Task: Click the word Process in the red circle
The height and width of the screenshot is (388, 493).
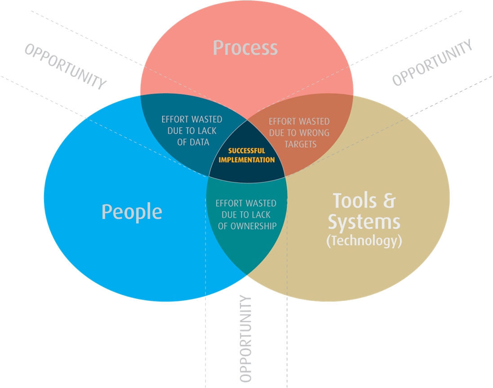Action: pos(245,48)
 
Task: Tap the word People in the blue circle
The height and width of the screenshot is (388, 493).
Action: pos(132,212)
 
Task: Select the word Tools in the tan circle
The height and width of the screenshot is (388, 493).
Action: pos(355,201)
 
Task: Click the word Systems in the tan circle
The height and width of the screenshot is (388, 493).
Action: pos(364,222)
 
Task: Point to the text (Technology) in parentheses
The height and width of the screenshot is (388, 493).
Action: pos(364,241)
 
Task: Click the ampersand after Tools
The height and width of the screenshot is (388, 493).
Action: pos(389,201)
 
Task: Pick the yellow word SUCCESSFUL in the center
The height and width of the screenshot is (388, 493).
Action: pos(246,151)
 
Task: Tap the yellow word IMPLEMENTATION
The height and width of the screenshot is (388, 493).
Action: pos(246,160)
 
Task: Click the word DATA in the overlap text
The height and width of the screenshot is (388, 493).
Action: pos(199,142)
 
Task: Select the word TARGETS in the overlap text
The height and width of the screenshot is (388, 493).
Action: pos(300,144)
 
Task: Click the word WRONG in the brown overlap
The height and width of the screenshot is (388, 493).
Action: pos(315,133)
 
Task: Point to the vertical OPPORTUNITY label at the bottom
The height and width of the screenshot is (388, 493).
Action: pos(245,339)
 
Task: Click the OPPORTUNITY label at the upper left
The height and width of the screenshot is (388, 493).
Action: pos(66,66)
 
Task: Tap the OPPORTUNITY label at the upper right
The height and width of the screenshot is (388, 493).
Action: pos(432,62)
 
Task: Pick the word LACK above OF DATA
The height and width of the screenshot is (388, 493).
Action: pos(207,131)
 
